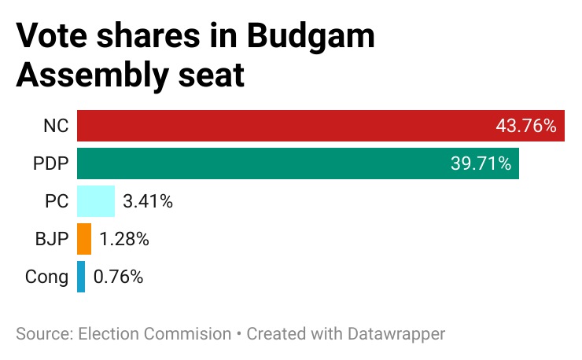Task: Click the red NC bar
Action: pyautogui.click(x=283, y=126)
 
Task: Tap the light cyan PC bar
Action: pyautogui.click(x=96, y=201)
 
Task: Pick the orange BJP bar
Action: pyautogui.click(x=84, y=239)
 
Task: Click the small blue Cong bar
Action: pyautogui.click(x=81, y=277)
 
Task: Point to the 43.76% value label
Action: pyautogui.click(x=526, y=126)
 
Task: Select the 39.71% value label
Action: pyautogui.click(x=481, y=163)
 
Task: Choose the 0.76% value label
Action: pyautogui.click(x=118, y=277)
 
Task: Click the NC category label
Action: pyautogui.click(x=56, y=126)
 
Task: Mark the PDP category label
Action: pyautogui.click(x=50, y=163)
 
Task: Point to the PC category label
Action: pyautogui.click(x=56, y=201)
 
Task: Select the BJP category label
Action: pyautogui.click(x=51, y=239)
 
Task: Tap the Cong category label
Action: pyautogui.click(x=47, y=277)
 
